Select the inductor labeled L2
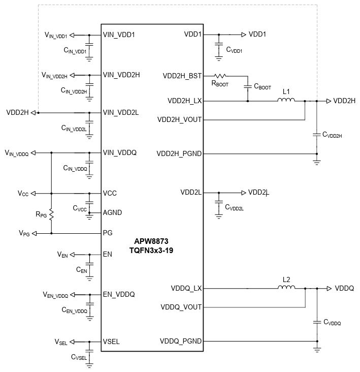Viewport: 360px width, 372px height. click(x=286, y=288)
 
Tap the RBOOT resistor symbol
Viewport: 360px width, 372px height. click(x=222, y=76)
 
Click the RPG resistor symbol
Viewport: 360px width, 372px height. click(x=51, y=213)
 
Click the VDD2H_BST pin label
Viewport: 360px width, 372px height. click(x=182, y=76)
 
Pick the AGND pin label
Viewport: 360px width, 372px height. click(x=113, y=212)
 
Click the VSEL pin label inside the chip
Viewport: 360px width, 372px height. click(x=111, y=342)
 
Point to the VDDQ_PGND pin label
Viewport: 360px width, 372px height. click(x=181, y=342)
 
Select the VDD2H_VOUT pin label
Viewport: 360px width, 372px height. click(x=180, y=120)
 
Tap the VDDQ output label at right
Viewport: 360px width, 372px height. click(x=344, y=288)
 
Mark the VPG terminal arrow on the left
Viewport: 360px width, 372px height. click(x=35, y=233)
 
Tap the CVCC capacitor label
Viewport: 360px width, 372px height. click(x=80, y=208)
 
